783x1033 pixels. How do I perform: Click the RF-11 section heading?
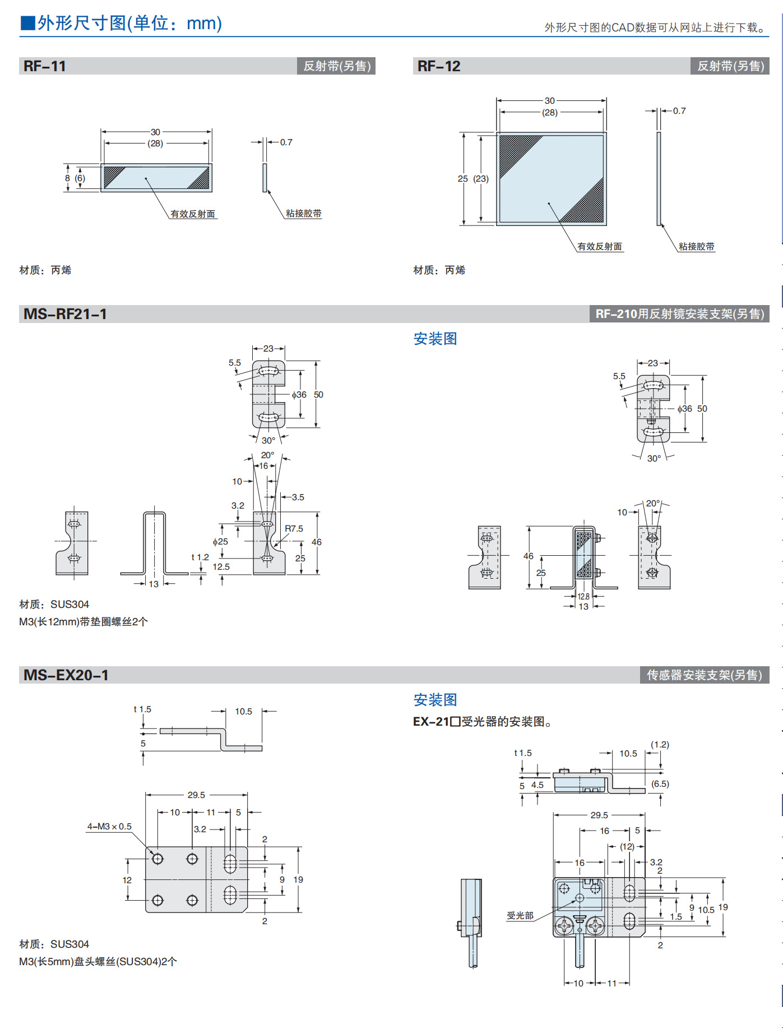point(45,66)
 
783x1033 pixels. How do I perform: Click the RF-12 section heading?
point(439,66)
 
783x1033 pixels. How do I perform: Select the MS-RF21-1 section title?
point(65,314)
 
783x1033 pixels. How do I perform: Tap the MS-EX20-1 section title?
point(66,675)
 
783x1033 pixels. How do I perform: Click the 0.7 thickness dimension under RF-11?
point(286,142)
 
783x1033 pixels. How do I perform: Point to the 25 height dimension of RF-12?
point(462,179)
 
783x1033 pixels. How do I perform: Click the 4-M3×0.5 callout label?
point(109,827)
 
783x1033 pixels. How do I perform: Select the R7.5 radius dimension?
point(294,529)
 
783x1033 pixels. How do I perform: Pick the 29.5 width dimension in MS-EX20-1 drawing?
point(196,795)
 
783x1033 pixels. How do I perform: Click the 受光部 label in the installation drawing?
point(520,916)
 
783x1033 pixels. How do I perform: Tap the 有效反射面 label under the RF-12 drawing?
point(600,247)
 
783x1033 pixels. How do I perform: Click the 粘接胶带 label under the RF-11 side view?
point(303,214)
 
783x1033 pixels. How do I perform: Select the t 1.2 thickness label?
point(200,557)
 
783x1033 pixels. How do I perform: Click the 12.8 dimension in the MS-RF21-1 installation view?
point(583,597)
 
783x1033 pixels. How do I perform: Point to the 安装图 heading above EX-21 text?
point(435,700)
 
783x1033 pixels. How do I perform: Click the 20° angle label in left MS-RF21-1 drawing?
point(267,455)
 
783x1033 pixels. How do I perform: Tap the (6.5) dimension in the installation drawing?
point(660,784)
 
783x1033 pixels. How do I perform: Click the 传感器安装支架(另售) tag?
point(704,675)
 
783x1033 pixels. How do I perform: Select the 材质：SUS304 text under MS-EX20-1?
point(54,944)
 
